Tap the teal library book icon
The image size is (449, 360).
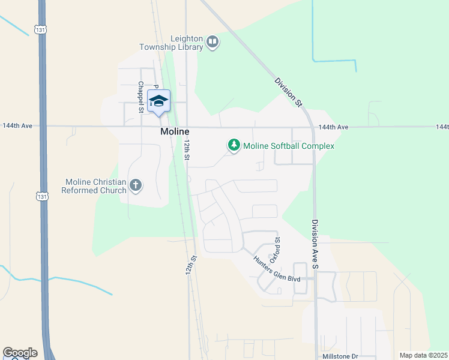[212, 42]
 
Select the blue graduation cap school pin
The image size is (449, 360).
[158, 101]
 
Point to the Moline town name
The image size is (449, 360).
[175, 131]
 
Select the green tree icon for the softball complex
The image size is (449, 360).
[234, 145]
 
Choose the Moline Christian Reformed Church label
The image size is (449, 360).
[94, 186]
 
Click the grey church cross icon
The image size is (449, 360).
[136, 185]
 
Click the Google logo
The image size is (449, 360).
[20, 353]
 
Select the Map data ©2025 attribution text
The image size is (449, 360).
[423, 355]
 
